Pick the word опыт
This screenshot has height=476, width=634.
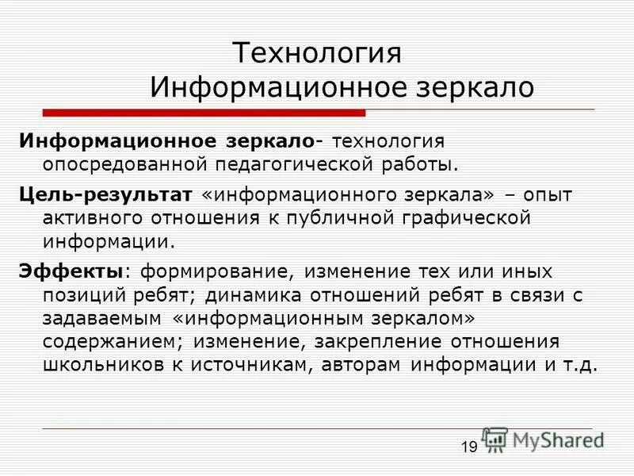pyautogui.click(x=548, y=194)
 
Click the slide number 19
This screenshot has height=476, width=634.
pyautogui.click(x=469, y=447)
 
